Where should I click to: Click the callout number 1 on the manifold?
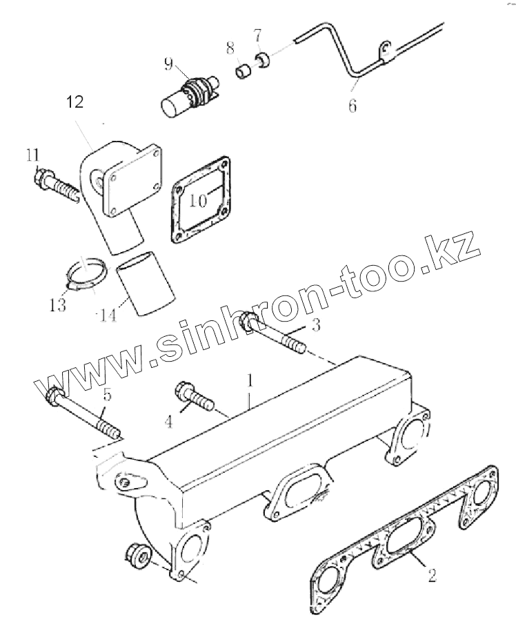point(250,381)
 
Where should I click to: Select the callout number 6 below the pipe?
point(353,107)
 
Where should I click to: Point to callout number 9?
point(168,66)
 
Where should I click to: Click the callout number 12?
point(75,103)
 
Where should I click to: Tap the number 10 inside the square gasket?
point(199,201)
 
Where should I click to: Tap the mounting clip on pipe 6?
point(384,50)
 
